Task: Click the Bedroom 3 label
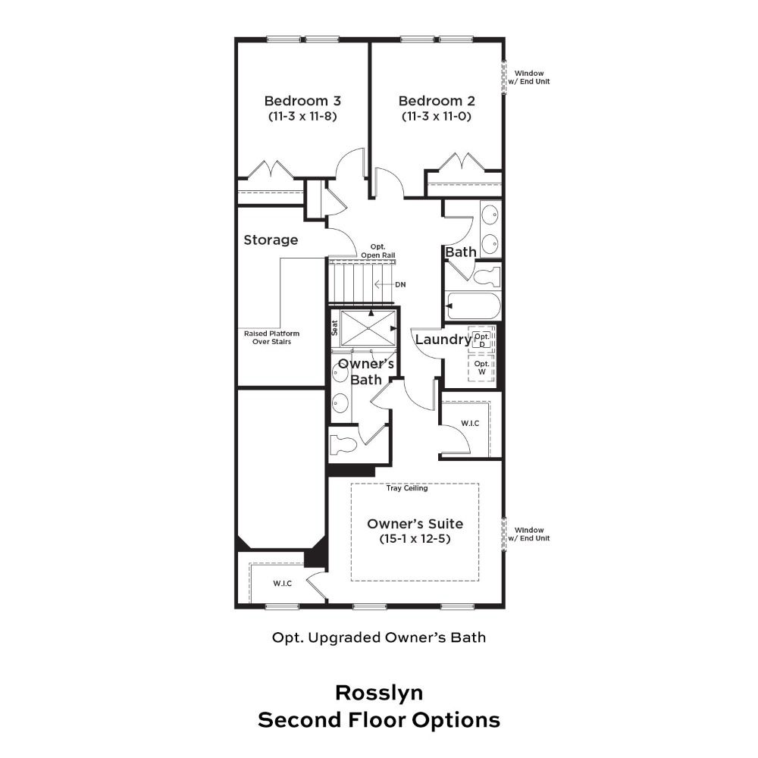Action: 302,101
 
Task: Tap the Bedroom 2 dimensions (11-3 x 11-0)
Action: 436,116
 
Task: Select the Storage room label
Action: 271,240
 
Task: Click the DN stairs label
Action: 400,285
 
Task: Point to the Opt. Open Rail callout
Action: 378,251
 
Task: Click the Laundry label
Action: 443,340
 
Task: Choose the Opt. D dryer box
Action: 482,340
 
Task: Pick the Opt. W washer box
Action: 482,368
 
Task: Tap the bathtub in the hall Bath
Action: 473,306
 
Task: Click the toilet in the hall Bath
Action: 487,277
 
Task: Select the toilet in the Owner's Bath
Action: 343,443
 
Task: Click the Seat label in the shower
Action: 334,329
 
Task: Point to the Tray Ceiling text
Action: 407,488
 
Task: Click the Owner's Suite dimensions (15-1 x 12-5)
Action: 415,538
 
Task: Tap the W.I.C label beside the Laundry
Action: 470,424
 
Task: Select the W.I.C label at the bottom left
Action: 282,584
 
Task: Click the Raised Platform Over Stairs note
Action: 271,337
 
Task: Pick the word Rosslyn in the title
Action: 379,693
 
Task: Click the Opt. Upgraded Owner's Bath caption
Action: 379,637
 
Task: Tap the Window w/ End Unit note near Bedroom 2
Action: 529,77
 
